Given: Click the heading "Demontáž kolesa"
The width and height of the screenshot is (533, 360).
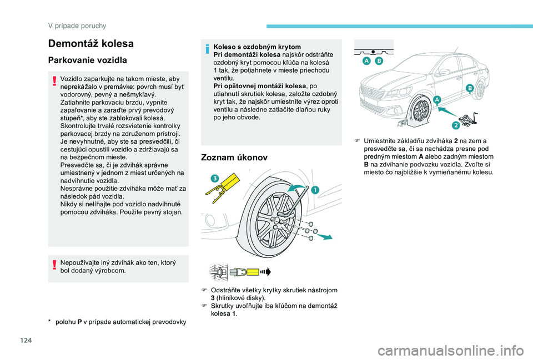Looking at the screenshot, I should tap(91, 43).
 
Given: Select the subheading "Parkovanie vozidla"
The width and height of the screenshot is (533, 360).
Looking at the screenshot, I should tap(88, 60).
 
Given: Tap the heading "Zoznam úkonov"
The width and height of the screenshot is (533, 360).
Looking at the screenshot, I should tap(233, 158).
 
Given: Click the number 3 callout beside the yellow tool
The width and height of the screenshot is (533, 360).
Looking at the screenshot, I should tap(214, 178).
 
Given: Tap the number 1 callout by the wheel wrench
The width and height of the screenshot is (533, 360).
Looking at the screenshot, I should tap(315, 190).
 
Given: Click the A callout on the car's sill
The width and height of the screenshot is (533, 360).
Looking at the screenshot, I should tap(435, 99).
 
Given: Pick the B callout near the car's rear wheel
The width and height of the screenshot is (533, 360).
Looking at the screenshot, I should tap(469, 88).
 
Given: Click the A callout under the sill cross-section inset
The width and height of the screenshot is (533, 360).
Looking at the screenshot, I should tap(367, 60).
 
